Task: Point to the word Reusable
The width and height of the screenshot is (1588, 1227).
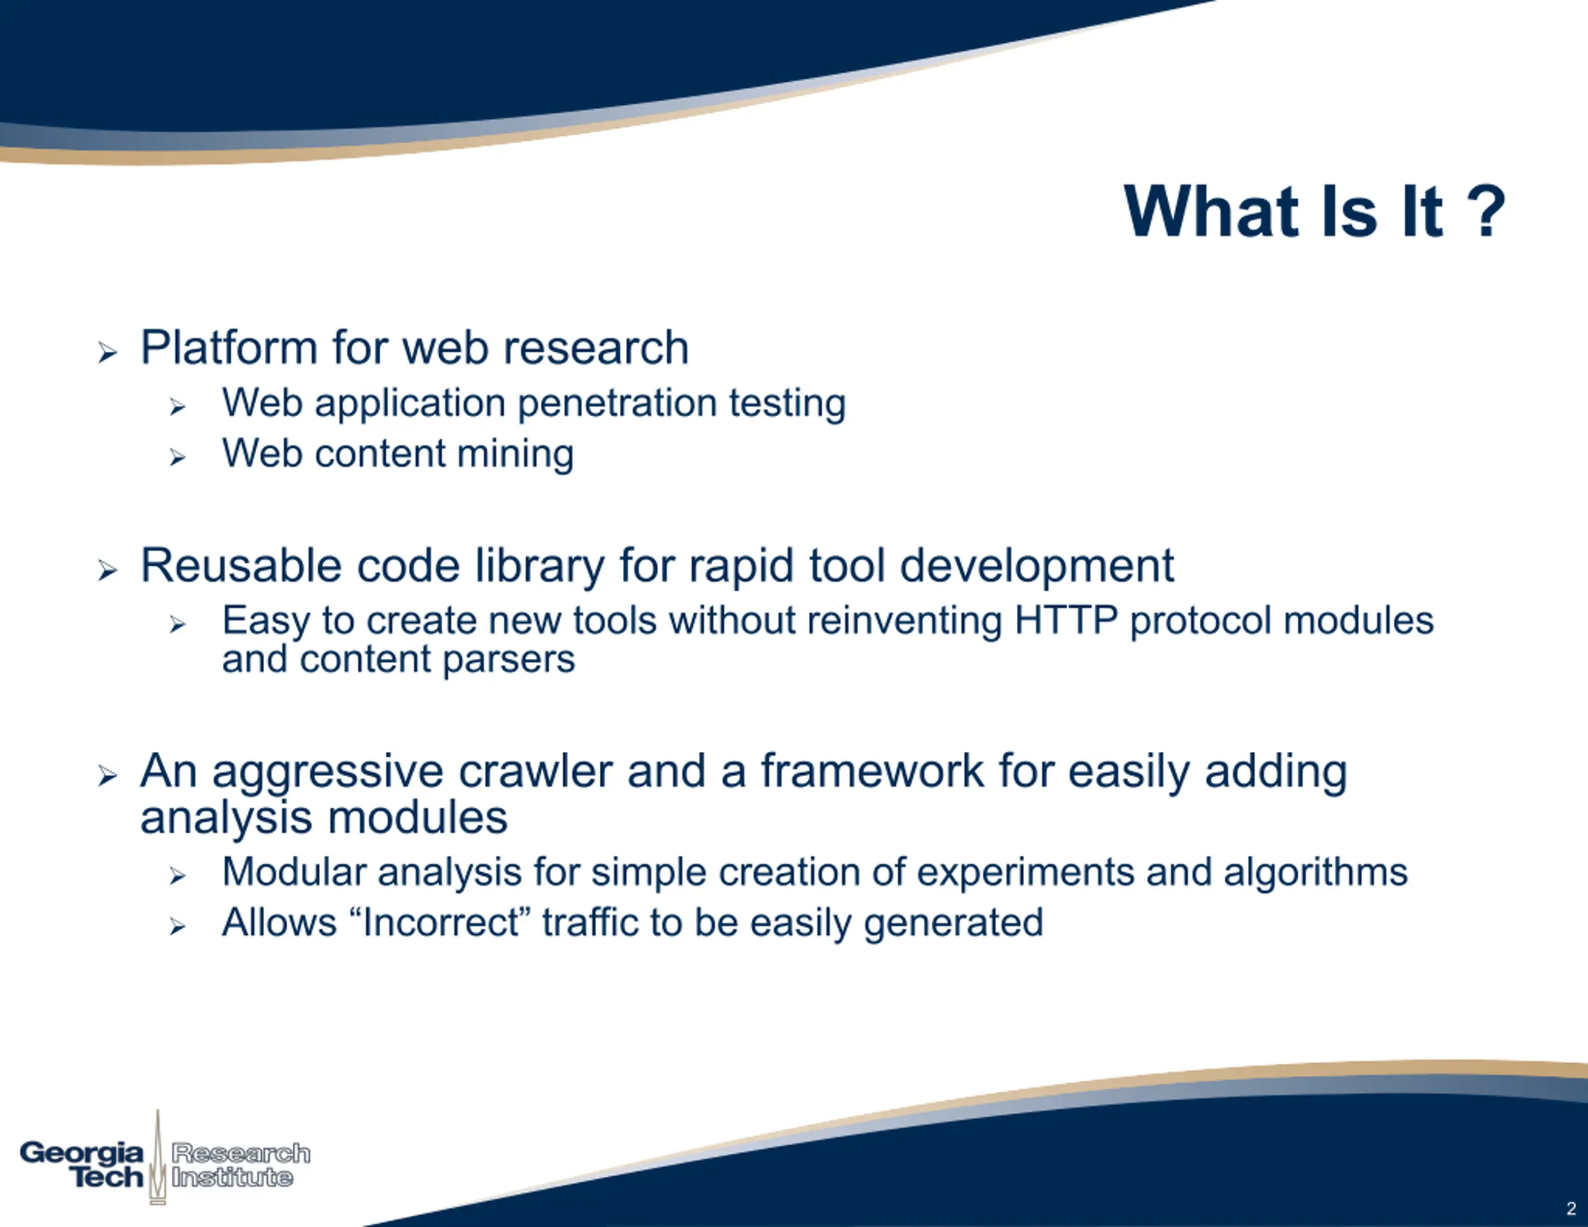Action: click(241, 565)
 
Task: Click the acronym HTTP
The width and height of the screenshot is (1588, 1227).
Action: click(1065, 620)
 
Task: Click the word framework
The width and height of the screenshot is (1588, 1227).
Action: click(872, 771)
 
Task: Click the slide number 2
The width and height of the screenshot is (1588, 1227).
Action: click(1571, 1209)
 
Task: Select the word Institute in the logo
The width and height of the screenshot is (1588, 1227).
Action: click(232, 1177)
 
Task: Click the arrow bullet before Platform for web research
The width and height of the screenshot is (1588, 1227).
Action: click(107, 354)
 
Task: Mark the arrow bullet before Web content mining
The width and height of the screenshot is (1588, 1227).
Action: click(177, 457)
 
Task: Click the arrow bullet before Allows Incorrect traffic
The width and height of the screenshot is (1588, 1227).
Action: click(177, 927)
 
